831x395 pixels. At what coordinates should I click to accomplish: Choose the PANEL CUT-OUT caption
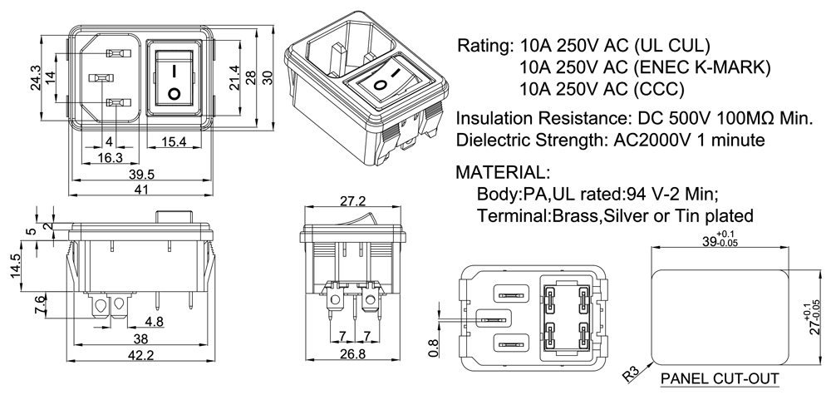click(720, 379)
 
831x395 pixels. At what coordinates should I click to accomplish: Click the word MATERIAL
click(502, 174)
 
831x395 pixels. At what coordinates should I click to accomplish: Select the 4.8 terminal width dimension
click(153, 322)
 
